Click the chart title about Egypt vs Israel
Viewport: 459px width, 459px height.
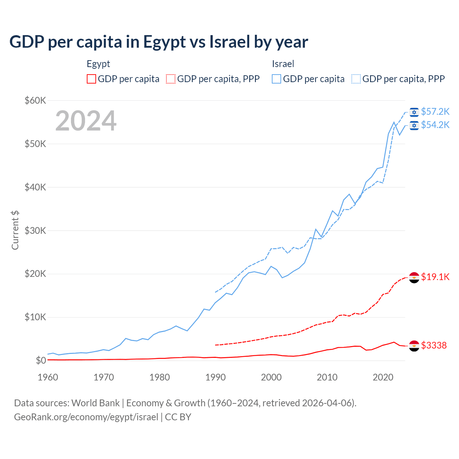[x=158, y=42]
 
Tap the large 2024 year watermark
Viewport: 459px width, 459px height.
[x=86, y=121]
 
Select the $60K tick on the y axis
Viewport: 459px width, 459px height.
[x=35, y=100]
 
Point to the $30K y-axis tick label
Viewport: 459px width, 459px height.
[x=35, y=231]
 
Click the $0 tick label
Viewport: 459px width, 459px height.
[x=41, y=360]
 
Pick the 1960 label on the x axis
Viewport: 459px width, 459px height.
[x=48, y=377]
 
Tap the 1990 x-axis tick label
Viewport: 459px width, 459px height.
[x=216, y=377]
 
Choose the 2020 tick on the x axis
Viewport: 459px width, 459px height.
[x=383, y=377]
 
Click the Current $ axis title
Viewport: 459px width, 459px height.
[x=15, y=230]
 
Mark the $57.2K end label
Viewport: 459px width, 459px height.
[x=435, y=112]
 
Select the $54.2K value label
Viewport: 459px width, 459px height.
[x=435, y=125]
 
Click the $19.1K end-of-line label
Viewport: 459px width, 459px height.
[x=435, y=277]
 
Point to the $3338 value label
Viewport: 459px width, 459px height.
[x=434, y=345]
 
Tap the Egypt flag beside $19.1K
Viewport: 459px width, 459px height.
[x=414, y=277]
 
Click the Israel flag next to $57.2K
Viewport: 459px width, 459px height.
[x=414, y=112]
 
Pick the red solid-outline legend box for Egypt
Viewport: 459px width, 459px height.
[x=91, y=79]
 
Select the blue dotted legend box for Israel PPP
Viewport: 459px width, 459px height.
[x=356, y=79]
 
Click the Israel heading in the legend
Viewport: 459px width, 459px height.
[x=283, y=64]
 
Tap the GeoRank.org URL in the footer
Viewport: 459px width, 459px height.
[x=86, y=417]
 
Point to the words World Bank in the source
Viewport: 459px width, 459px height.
[x=95, y=403]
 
